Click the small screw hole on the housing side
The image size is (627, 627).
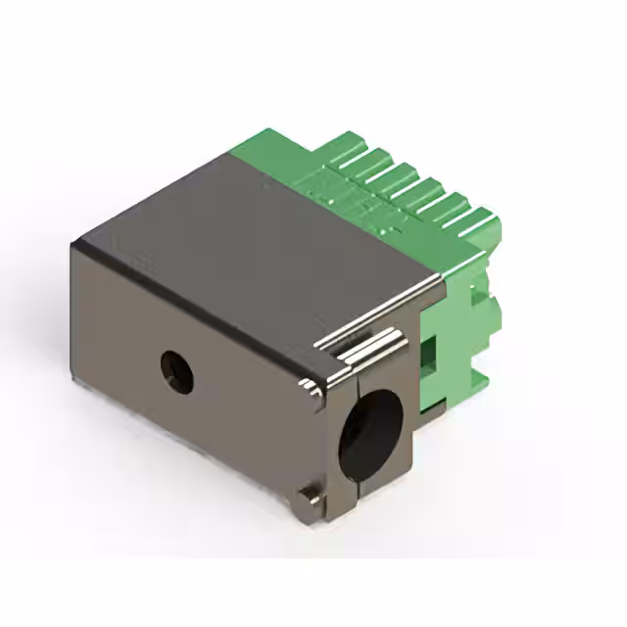[x=177, y=370]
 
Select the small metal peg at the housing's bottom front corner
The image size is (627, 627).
[x=310, y=497]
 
